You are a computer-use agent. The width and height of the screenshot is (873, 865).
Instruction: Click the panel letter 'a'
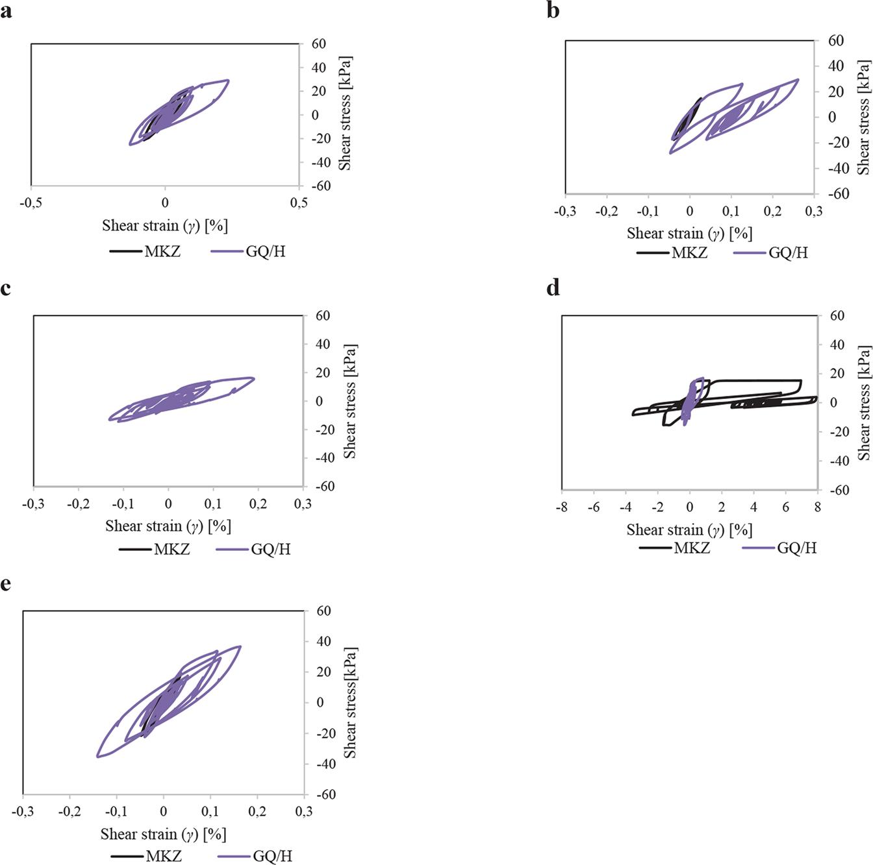(6, 11)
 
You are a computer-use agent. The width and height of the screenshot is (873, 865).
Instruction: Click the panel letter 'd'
(553, 287)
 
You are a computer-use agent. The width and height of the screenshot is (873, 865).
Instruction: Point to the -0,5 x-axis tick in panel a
(31, 203)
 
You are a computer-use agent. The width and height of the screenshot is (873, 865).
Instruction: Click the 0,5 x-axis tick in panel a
(299, 203)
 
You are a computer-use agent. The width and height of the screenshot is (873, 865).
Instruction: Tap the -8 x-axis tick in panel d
(562, 507)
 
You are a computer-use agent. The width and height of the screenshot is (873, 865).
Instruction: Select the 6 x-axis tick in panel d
(785, 507)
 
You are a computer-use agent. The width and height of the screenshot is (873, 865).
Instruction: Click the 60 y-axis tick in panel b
(836, 41)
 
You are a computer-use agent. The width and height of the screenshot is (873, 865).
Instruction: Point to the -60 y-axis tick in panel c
(322, 486)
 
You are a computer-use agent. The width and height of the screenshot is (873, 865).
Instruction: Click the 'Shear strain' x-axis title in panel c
(168, 526)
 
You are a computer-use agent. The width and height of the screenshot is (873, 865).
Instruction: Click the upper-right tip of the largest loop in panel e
(240, 646)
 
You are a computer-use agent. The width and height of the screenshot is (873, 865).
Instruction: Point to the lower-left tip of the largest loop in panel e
(97, 756)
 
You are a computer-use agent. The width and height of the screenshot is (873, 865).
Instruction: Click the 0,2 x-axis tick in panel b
(772, 212)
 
